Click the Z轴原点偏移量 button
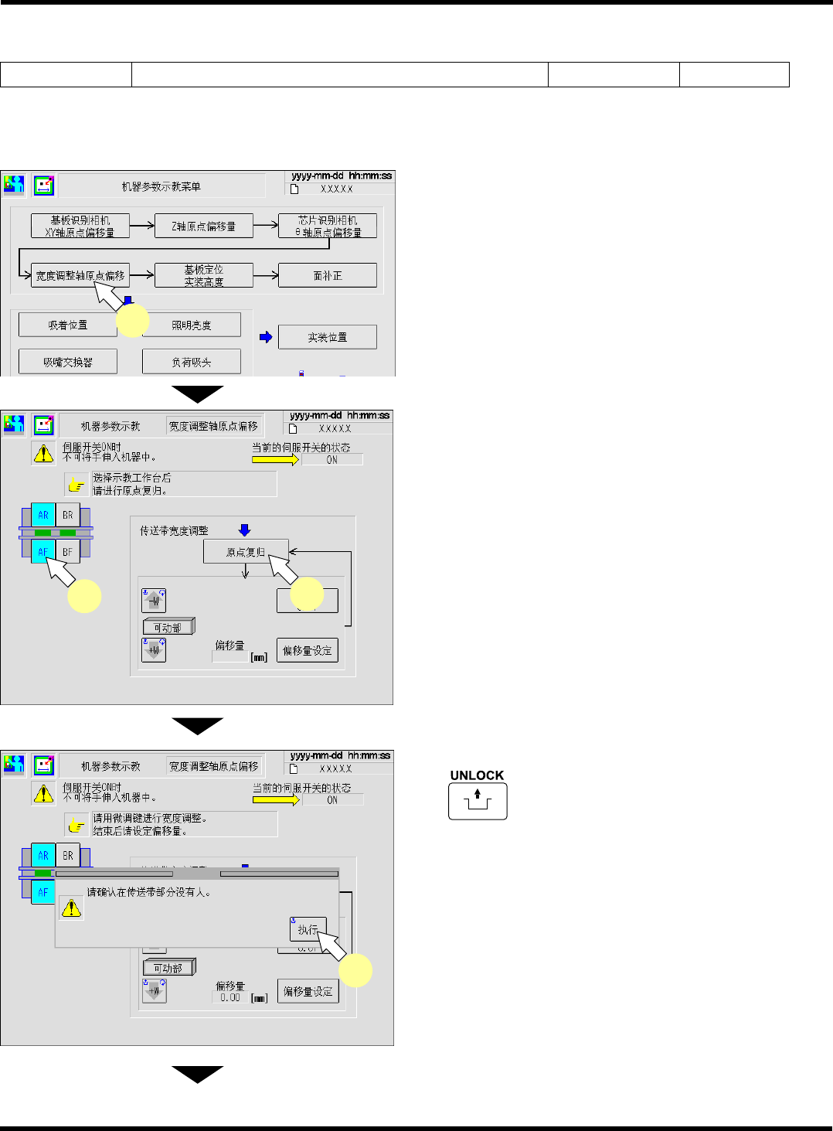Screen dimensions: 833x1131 point(204,227)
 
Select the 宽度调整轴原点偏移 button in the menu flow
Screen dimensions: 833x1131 point(80,275)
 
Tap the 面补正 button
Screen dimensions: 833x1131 point(328,275)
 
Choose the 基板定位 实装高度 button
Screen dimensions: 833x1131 point(204,275)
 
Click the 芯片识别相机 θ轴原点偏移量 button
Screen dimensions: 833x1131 point(328,227)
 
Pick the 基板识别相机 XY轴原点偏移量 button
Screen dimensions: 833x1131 point(80,227)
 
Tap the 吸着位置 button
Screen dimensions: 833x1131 point(68,325)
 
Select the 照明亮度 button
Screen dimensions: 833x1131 point(192,325)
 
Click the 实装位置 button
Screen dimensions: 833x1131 point(328,337)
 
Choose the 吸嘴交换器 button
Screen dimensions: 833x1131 point(68,362)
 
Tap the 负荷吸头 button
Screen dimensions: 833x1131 point(192,362)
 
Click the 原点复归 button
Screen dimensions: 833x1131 point(246,552)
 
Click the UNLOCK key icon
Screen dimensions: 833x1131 point(478,801)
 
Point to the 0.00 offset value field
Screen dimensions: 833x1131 point(230,998)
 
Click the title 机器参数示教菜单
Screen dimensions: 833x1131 point(161,186)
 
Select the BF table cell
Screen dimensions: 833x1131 point(68,552)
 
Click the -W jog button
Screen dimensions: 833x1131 point(154,601)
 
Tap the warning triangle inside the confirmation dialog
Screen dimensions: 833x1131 point(71,908)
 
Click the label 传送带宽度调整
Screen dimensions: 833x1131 point(174,531)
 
